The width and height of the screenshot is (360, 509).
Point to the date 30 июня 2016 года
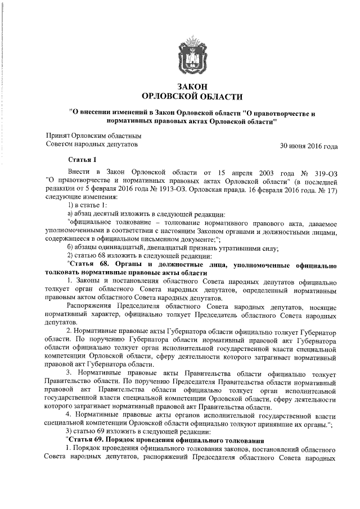coord(309,147)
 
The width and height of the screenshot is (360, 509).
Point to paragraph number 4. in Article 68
coord(69,415)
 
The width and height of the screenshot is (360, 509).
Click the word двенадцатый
coord(170,249)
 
